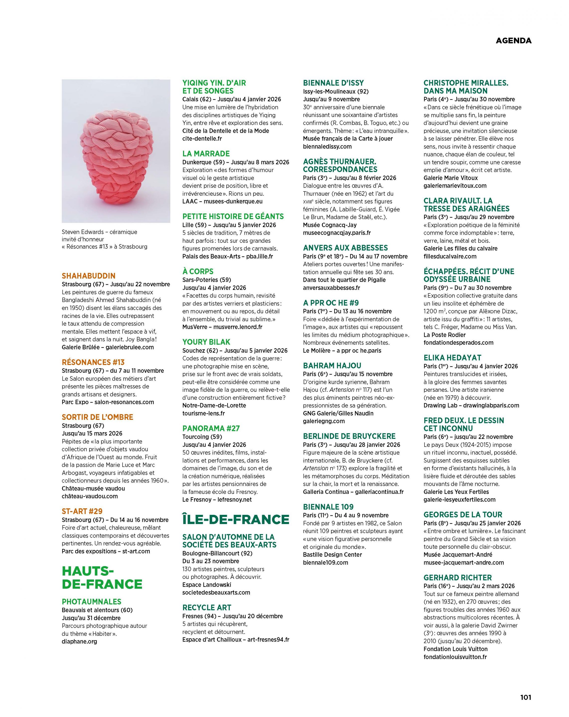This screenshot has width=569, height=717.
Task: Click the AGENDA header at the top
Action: pyautogui.click(x=513, y=41)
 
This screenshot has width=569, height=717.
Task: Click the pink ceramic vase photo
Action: pyautogui.click(x=116, y=151)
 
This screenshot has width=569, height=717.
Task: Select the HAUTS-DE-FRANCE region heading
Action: pyautogui.click(x=102, y=577)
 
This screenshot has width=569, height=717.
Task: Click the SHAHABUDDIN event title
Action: pyautogui.click(x=88, y=276)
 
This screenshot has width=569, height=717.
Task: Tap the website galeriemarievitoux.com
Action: pyautogui.click(x=455, y=185)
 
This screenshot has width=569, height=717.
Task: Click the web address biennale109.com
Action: pyautogui.click(x=325, y=562)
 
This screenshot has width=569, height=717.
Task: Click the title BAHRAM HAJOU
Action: pyautogui.click(x=332, y=365)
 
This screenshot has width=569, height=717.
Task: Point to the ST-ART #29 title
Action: pyautogui.click(x=82, y=511)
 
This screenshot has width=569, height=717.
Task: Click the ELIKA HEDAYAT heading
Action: pyautogui.click(x=452, y=358)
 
